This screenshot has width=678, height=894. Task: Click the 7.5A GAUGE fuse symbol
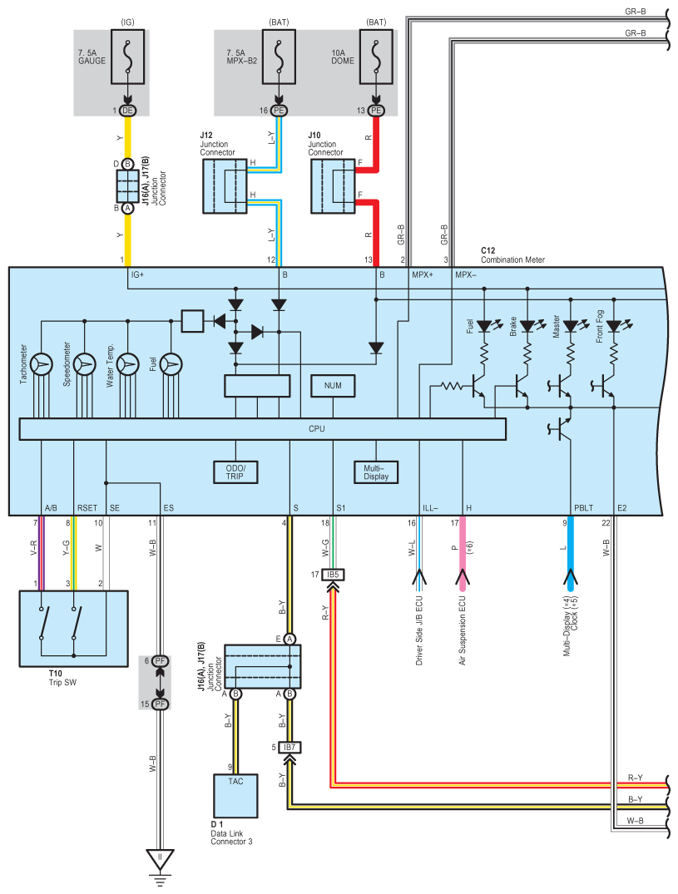pos(127,57)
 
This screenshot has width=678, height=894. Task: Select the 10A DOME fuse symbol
pos(376,57)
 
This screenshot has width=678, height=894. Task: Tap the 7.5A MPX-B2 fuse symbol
pos(279,57)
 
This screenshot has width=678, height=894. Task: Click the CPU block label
pos(316,429)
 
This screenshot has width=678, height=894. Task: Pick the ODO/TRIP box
pos(235,472)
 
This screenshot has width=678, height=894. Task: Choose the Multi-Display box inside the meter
pos(376,472)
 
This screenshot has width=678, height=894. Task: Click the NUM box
pos(333,386)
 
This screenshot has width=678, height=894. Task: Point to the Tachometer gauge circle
pos(42,363)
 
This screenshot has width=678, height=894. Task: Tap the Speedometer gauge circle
pos(85,363)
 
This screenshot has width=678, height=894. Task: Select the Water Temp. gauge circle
pos(128,363)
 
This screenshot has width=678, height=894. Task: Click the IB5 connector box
pos(333,575)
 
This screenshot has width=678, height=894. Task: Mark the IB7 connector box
pos(290,747)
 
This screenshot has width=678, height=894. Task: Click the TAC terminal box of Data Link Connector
pos(235,796)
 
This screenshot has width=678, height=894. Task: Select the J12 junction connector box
pos(225,186)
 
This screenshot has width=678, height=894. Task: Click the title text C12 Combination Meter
pos(512,254)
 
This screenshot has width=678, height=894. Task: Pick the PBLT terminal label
pos(583,507)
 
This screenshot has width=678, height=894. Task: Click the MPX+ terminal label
pos(423,274)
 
